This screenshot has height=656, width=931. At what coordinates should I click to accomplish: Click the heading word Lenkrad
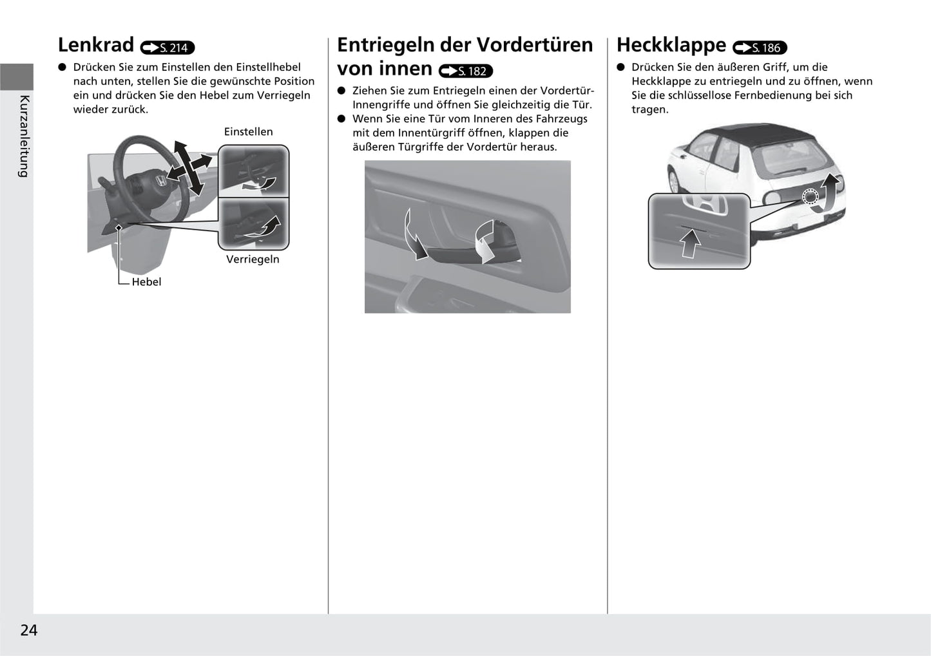95,45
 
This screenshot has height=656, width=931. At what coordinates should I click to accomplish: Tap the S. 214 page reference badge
168,48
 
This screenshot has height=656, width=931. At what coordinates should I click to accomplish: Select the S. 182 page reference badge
466,71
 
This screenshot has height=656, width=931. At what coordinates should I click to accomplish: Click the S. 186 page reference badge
760,48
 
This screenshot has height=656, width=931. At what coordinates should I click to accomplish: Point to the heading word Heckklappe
671,45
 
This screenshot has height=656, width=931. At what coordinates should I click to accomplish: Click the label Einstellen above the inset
248,132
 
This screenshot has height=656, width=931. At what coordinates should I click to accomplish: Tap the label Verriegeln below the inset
253,259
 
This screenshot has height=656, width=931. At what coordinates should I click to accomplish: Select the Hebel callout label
146,282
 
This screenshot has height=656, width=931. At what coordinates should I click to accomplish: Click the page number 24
29,630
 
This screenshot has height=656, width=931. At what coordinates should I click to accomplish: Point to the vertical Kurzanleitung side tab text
24,136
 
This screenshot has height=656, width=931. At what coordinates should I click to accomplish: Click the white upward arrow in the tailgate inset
691,244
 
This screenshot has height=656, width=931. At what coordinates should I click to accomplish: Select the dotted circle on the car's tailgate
810,197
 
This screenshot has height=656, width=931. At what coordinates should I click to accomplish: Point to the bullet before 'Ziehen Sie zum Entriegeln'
341,91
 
